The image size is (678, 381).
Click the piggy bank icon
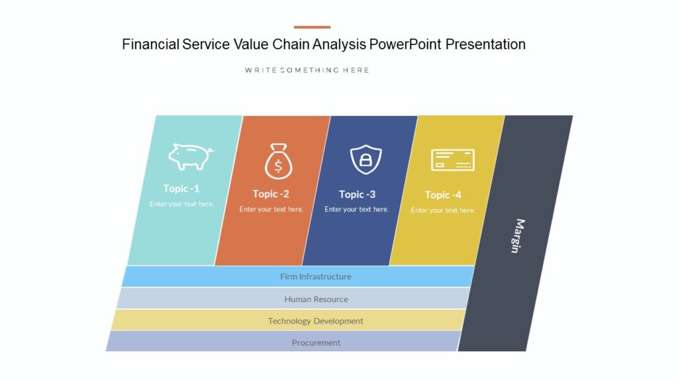click(191, 157)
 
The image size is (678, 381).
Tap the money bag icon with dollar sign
click(278, 162)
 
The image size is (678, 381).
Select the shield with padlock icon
click(365, 159)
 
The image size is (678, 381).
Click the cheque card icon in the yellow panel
click(452, 160)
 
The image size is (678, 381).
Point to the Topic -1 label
click(181, 189)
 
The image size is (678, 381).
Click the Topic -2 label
click(271, 194)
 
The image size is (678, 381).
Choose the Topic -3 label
click(357, 194)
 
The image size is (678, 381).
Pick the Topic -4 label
click(443, 195)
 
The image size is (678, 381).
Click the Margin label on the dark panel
click(518, 235)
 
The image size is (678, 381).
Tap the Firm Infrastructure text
click(315, 276)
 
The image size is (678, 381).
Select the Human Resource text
click(316, 299)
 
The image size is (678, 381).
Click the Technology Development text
click(315, 321)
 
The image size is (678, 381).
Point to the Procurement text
click(316, 343)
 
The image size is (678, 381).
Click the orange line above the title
click(312, 27)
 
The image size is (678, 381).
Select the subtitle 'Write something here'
click(307, 70)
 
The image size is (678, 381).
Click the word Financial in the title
click(150, 44)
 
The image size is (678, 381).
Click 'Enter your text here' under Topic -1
click(181, 204)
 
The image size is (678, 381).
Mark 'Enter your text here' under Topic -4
click(443, 210)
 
